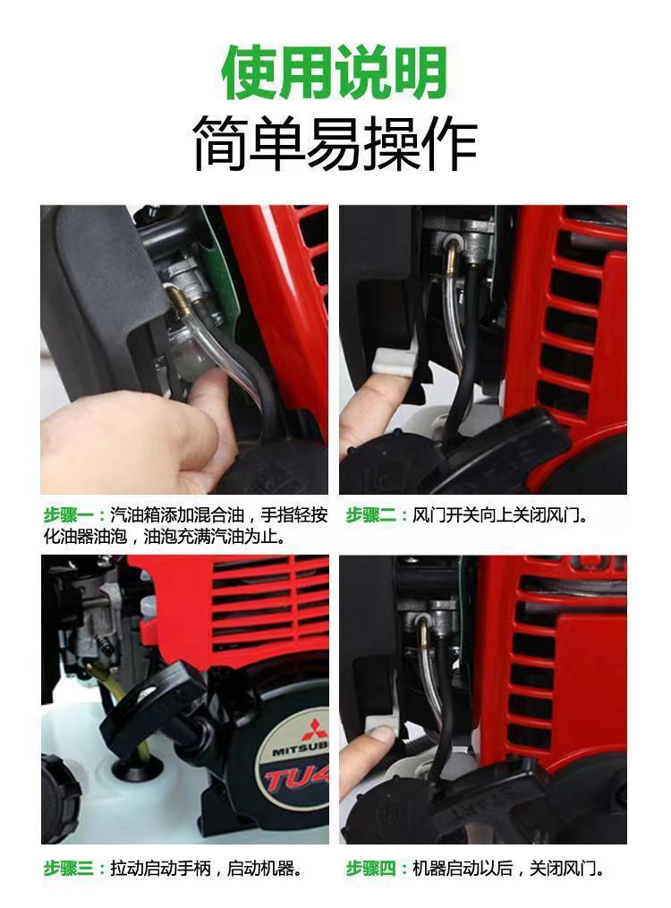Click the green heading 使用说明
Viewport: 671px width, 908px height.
(335, 72)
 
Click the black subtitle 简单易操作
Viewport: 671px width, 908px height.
(335, 143)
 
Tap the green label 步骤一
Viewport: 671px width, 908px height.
(68, 514)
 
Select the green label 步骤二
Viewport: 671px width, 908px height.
(370, 514)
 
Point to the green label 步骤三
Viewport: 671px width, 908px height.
(68, 869)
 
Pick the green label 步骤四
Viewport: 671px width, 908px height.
(370, 869)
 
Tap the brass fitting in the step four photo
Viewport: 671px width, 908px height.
(424, 634)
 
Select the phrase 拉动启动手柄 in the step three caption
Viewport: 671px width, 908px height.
(160, 869)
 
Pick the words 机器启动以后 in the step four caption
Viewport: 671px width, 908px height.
(462, 869)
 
